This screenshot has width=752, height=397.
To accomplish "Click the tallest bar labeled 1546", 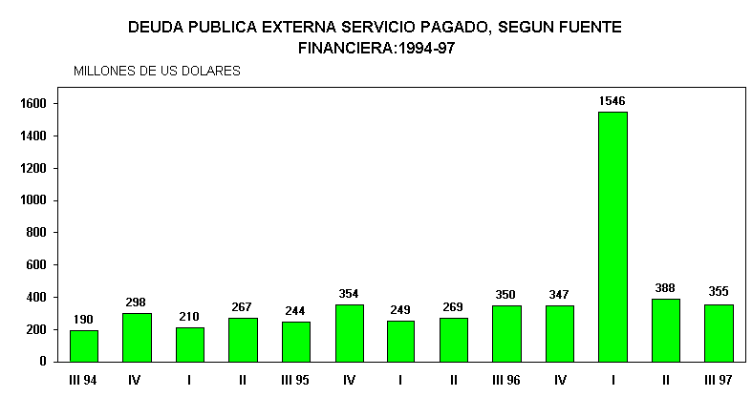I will (x=612, y=237).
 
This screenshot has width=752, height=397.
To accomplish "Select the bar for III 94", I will (x=84, y=345).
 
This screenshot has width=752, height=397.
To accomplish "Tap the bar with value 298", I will (x=137, y=337).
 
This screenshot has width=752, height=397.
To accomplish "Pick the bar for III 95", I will (x=295, y=342).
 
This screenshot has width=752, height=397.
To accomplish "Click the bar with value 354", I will (x=349, y=333).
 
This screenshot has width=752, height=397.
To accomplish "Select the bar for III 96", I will (x=506, y=333).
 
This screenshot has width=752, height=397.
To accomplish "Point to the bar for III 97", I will (x=719, y=333).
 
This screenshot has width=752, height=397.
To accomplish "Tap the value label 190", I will (x=84, y=319).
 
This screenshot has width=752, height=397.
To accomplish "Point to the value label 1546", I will (x=612, y=100).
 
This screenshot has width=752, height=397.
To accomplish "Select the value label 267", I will (x=243, y=306).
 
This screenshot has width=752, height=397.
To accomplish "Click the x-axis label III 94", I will (x=82, y=380).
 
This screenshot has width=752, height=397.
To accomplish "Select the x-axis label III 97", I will (x=718, y=380).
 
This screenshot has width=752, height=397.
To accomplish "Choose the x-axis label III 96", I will (x=506, y=380).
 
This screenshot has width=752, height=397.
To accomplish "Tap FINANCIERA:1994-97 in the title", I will (x=376, y=48).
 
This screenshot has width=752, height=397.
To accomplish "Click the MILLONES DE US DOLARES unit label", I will (x=157, y=71).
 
